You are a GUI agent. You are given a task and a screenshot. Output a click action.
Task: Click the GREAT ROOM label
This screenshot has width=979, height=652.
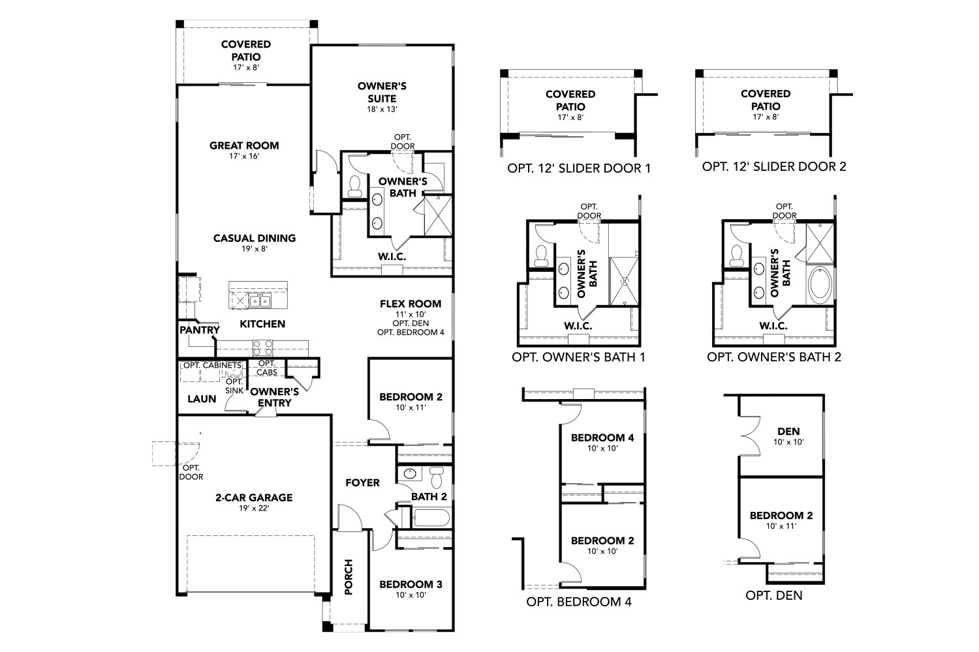244,146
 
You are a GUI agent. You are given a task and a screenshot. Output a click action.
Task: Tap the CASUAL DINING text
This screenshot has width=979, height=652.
255,239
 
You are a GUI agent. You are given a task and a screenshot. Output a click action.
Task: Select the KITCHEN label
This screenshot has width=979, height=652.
262,324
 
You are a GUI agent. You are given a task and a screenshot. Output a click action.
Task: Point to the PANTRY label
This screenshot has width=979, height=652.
200,331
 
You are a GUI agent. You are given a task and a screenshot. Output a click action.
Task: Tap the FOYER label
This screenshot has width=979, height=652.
362,483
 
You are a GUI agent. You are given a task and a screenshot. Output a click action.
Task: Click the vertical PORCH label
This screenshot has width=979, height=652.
349,576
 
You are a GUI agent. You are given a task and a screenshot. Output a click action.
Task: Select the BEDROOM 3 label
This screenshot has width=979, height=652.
411,584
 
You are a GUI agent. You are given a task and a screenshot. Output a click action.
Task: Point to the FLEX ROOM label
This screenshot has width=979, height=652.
411,304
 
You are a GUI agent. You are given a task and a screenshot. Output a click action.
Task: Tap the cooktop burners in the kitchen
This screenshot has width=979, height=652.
263,347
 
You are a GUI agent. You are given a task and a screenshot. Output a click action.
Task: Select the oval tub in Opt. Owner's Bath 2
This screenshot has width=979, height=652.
820,285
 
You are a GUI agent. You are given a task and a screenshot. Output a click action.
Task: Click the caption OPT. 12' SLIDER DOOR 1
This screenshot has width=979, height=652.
579,168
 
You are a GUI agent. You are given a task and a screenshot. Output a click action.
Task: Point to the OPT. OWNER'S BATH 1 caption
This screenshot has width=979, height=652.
579,357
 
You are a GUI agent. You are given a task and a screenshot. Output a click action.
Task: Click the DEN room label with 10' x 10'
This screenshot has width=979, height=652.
788,432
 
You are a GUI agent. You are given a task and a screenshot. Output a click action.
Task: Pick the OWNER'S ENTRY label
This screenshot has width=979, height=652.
274,397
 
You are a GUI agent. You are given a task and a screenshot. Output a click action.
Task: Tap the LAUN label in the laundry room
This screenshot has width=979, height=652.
202,398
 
